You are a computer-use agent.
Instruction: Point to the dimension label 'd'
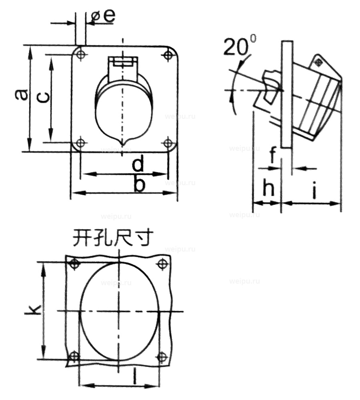click(x=138, y=164)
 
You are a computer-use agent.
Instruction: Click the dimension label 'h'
click(x=268, y=188)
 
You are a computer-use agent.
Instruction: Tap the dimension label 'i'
click(x=314, y=191)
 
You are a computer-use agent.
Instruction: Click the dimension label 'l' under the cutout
click(x=135, y=376)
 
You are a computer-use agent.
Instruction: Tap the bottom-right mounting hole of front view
click(x=168, y=142)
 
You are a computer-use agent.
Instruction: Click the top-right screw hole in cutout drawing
click(x=162, y=264)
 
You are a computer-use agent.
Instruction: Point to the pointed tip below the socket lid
click(x=124, y=142)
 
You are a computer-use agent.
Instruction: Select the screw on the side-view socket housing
click(x=318, y=62)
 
